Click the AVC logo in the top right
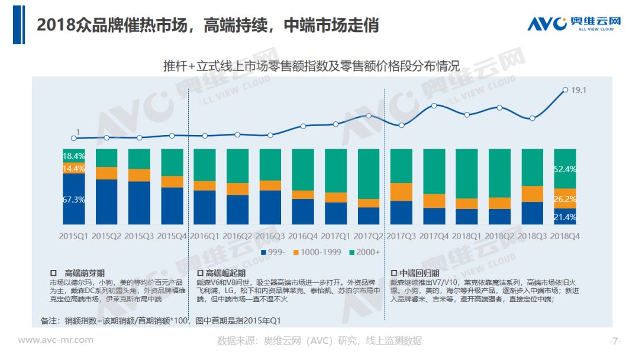[x=574, y=24]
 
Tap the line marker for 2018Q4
[x=565, y=90]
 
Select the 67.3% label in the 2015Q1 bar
[x=73, y=200]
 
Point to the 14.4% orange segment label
[x=73, y=169]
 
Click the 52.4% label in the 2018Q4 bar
[x=565, y=169]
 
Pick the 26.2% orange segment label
[x=565, y=199]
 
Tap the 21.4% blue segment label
[x=565, y=217]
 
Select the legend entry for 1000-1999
[x=317, y=252]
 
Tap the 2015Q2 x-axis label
[x=106, y=236]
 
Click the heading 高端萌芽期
[x=85, y=273]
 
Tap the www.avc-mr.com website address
[x=56, y=340]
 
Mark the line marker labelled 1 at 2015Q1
[x=74, y=138]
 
